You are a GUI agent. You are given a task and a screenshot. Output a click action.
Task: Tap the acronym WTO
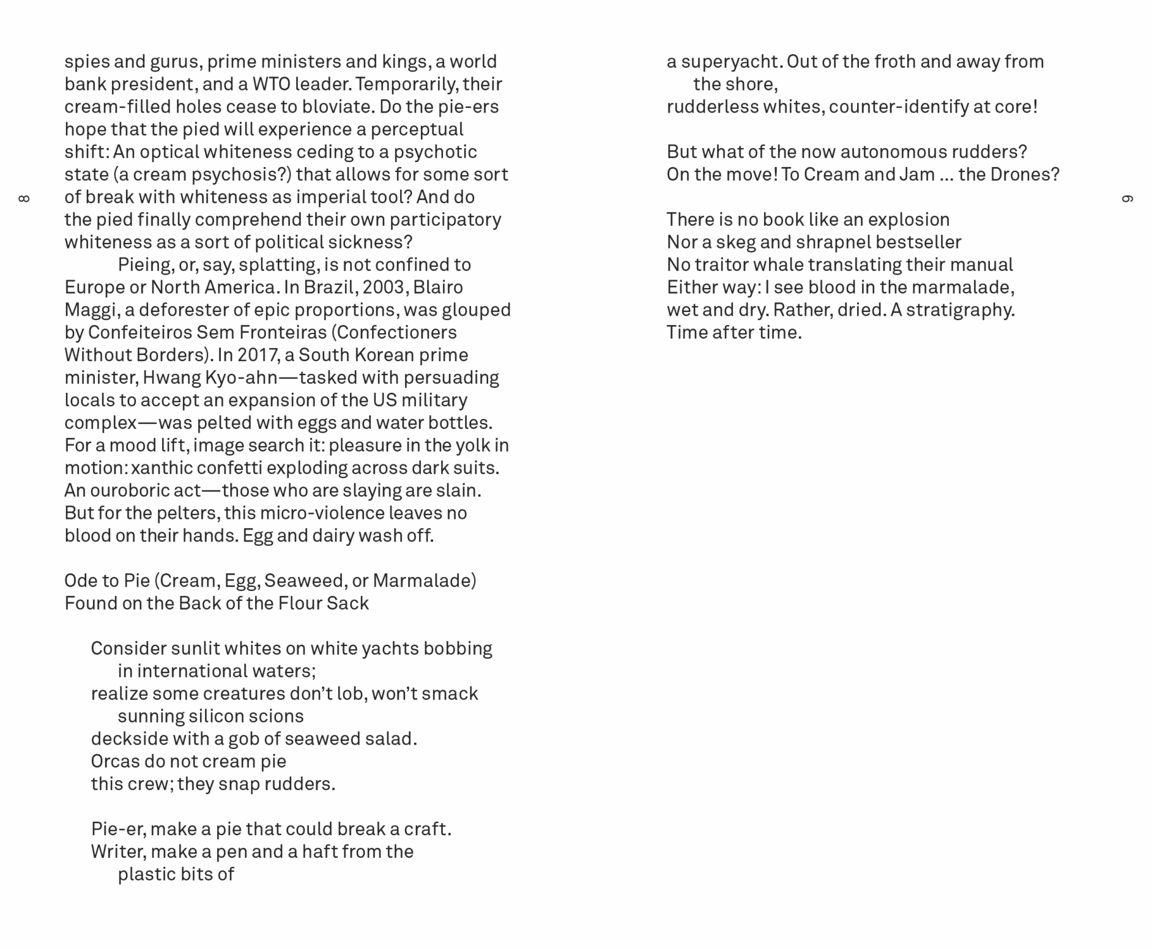[271, 84]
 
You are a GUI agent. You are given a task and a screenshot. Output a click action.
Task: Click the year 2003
[384, 287]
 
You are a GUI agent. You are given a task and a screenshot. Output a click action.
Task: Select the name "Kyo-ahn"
[241, 378]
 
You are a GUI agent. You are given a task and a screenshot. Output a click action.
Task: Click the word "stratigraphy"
[960, 310]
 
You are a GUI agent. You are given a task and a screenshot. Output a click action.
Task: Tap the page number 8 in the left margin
[24, 199]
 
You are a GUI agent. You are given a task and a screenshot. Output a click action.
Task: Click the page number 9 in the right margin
[1127, 199]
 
